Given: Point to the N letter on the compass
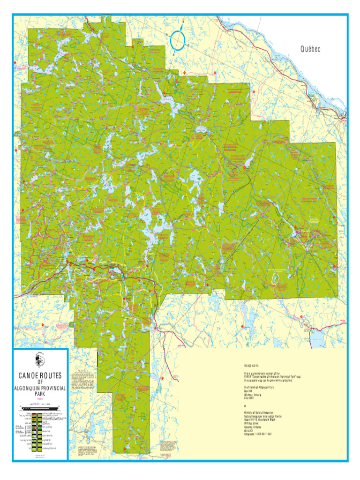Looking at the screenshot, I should [x=183, y=26].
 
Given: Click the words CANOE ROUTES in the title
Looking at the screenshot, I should [x=40, y=376].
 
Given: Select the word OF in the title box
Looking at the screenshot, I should [x=40, y=382].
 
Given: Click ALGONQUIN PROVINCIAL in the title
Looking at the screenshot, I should [x=40, y=389].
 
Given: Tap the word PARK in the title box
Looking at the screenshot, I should [x=40, y=395].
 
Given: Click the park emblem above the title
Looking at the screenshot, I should [x=40, y=360].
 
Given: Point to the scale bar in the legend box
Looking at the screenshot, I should [x=40, y=409].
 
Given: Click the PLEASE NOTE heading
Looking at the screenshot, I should [x=251, y=366].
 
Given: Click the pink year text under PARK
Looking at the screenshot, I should [x=40, y=399].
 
